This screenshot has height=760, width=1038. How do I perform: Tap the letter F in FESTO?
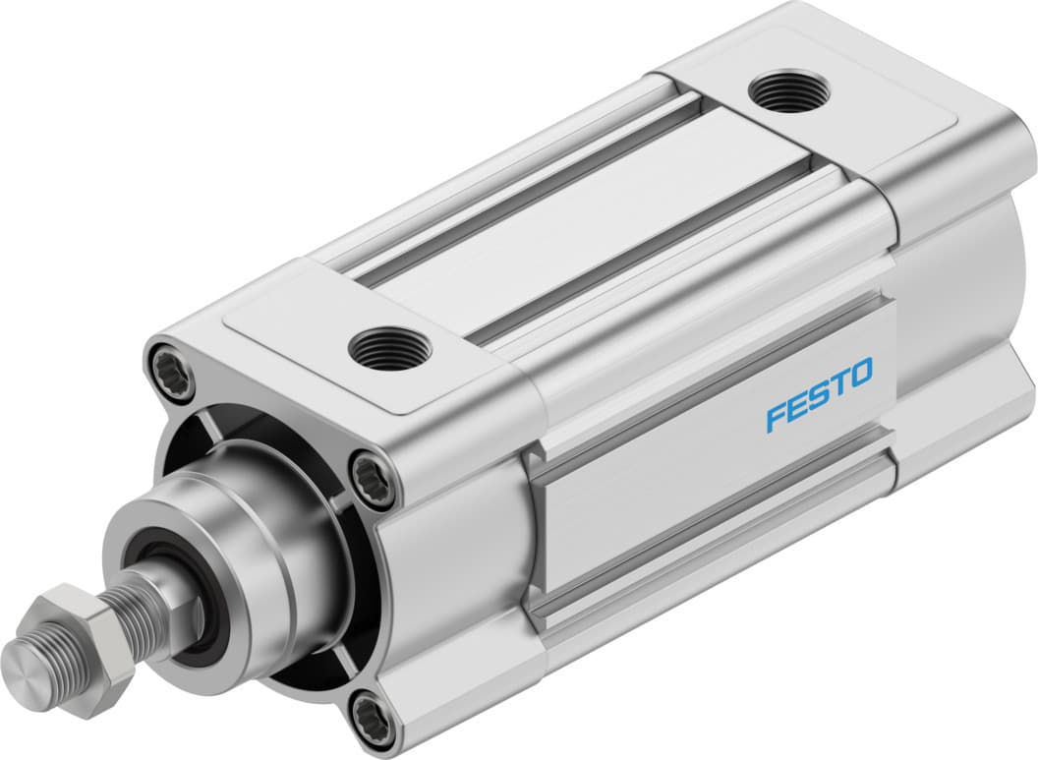[777, 416]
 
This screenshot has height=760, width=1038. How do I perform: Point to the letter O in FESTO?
[860, 375]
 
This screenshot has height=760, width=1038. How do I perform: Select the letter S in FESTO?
[820, 394]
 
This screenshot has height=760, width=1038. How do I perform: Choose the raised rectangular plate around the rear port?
[836, 108]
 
